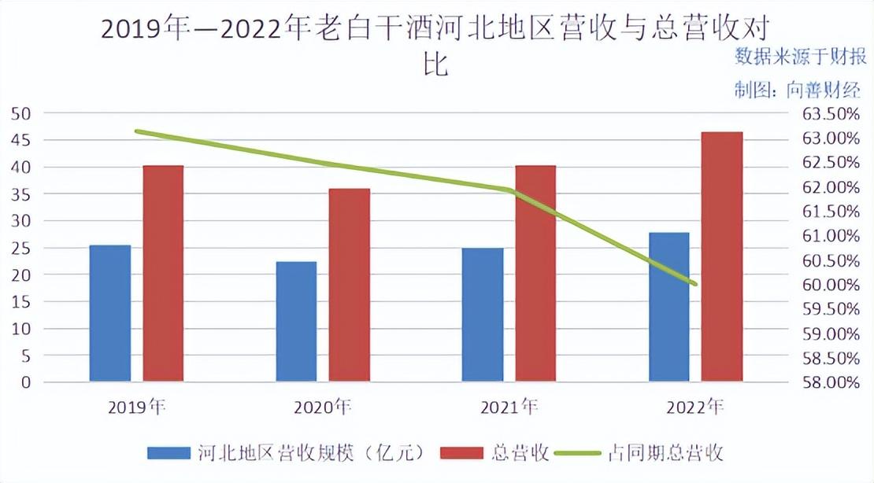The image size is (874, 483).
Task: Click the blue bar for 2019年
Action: coord(110,313)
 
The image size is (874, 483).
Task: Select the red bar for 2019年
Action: coord(163,274)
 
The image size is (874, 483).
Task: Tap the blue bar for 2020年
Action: coord(296,322)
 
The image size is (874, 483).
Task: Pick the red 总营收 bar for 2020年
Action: coord(349,285)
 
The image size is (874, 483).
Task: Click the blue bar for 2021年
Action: coord(483,315)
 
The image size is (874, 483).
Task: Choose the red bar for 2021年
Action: coord(535,274)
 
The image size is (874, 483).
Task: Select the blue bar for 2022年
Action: coord(668,307)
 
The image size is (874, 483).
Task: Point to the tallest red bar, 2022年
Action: coord(722,256)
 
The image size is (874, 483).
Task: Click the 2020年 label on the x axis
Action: coord(322,407)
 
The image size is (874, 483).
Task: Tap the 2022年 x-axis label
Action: coord(694,407)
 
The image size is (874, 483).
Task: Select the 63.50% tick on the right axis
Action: coord(830,113)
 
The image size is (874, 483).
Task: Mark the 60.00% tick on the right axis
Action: coord(830,285)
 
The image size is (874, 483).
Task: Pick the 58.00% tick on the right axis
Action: coord(830,382)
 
